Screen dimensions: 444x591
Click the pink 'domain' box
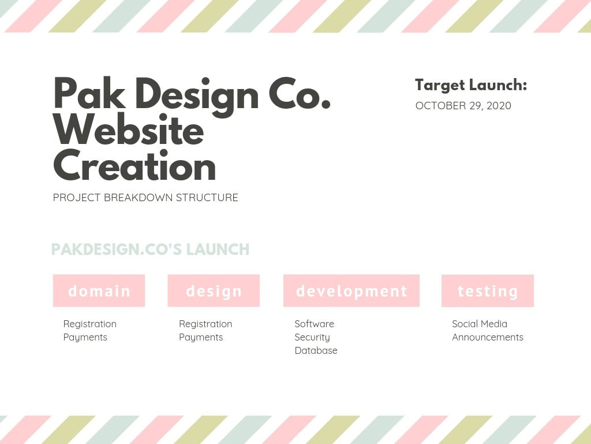tap(99, 291)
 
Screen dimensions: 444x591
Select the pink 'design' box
tap(214, 291)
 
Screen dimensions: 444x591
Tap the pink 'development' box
tap(351, 291)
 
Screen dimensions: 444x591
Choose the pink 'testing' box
tap(488, 291)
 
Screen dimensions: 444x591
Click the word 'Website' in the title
tap(129, 131)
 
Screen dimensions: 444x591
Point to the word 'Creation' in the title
tap(134, 166)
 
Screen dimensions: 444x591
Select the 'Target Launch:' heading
tap(471, 85)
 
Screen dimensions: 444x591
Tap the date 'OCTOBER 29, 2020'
tap(463, 106)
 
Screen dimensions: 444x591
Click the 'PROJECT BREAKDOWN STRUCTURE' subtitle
tap(145, 198)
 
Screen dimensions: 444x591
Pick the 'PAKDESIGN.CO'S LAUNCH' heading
tap(150, 250)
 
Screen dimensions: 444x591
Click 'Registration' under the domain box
tap(90, 324)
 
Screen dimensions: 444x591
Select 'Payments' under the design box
tap(201, 337)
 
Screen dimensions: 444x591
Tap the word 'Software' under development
tap(314, 324)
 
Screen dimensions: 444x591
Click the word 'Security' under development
tap(312, 337)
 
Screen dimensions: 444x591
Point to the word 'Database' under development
tap(316, 350)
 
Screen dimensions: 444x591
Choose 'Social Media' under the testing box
tap(480, 324)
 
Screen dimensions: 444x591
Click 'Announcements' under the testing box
tap(488, 337)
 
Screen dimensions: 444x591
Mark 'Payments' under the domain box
tap(85, 337)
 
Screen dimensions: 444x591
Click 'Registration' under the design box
tap(205, 324)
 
